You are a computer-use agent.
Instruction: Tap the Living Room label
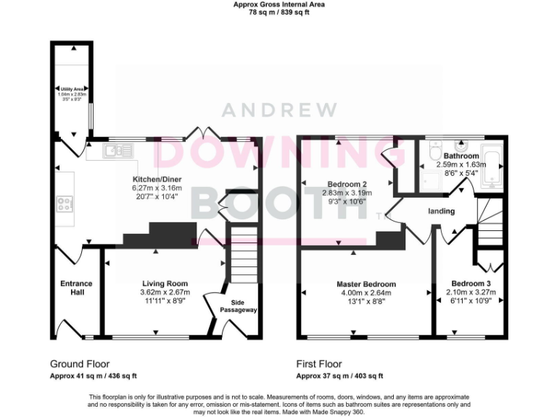click(164, 284)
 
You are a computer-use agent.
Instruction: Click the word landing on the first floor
click(441, 211)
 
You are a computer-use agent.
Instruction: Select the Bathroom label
click(461, 156)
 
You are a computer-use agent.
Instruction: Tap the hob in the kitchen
click(64, 203)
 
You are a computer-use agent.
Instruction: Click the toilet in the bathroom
click(435, 154)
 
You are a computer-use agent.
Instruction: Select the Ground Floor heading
click(80, 364)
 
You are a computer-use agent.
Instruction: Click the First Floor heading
click(319, 364)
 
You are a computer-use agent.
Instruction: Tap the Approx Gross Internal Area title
click(278, 4)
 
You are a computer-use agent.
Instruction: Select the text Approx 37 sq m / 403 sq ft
click(339, 376)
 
